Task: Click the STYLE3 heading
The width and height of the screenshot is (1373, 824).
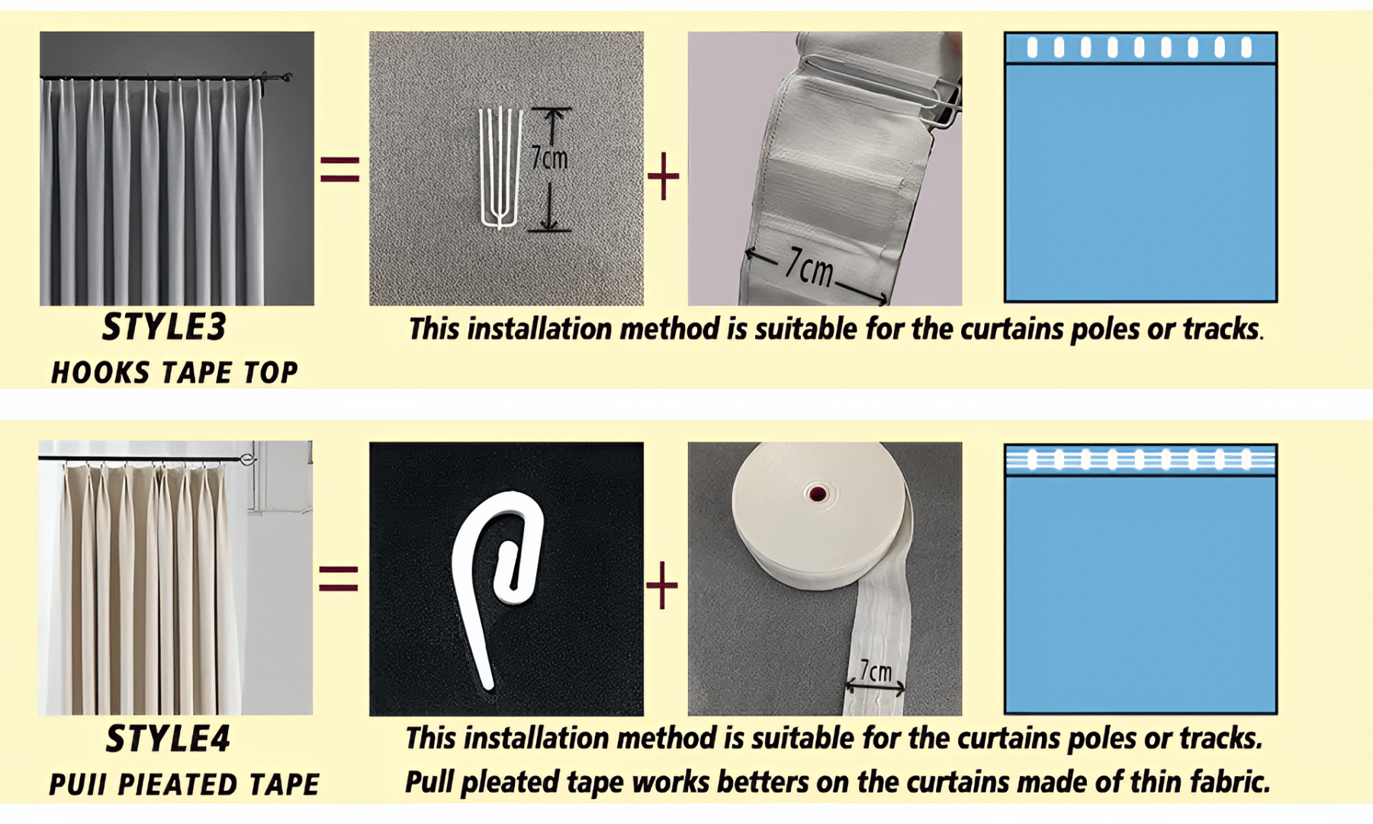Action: click(164, 327)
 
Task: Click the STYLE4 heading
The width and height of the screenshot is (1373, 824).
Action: click(168, 739)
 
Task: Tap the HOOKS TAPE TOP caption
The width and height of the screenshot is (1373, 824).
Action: click(174, 372)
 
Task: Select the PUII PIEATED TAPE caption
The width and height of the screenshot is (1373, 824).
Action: click(184, 784)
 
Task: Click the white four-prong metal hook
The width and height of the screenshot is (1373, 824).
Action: click(500, 168)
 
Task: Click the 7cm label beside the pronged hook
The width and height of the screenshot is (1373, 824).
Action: click(549, 158)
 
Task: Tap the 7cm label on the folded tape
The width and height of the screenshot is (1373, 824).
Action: click(809, 267)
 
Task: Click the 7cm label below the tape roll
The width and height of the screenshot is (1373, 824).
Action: click(875, 671)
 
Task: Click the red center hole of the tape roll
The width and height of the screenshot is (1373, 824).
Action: click(818, 494)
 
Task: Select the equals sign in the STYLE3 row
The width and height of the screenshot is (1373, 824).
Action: click(339, 169)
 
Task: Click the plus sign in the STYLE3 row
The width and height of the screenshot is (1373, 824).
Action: click(663, 176)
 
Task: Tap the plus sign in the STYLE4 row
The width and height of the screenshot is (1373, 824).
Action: click(661, 585)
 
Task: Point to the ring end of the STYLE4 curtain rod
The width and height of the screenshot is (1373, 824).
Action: click(247, 459)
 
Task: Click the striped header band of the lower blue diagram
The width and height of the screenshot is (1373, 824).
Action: click(1140, 459)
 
